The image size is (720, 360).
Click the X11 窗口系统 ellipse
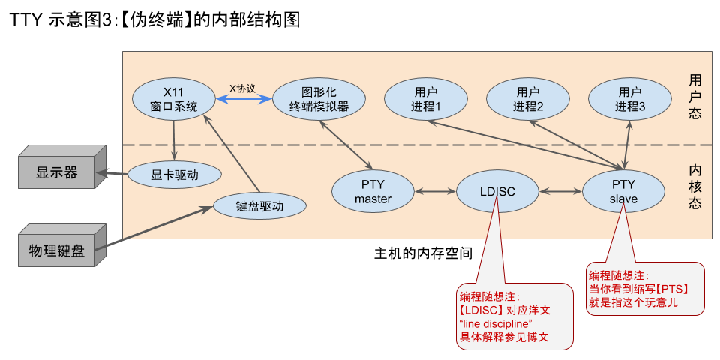tap(173, 99)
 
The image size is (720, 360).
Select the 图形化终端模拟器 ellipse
tap(319, 99)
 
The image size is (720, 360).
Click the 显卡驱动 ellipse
tap(175, 175)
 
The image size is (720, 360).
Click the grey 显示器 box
tap(56, 173)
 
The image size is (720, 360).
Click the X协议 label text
tap(242, 88)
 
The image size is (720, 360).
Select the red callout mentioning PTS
tap(643, 288)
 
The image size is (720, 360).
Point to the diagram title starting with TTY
tap(154, 20)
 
